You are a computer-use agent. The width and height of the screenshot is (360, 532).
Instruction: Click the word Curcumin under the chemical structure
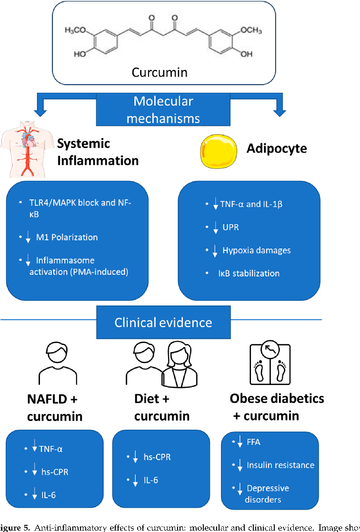160,73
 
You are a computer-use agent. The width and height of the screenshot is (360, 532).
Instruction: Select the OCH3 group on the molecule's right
251,30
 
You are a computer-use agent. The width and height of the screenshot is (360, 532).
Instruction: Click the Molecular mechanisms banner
163,109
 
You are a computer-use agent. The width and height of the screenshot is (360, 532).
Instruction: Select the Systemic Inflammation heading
98,152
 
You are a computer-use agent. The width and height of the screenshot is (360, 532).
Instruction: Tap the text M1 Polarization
67,237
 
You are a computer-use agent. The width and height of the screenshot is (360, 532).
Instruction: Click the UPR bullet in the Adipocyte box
230,227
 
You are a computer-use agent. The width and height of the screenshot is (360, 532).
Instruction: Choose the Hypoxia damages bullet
256,250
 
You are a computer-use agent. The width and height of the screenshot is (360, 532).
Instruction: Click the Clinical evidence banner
163,323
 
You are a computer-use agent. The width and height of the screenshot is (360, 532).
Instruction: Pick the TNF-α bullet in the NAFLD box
51,449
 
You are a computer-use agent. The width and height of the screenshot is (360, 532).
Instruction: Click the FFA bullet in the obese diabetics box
253,442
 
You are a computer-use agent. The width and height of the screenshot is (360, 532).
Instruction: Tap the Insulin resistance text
280,465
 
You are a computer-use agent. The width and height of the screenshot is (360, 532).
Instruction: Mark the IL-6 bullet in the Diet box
151,480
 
